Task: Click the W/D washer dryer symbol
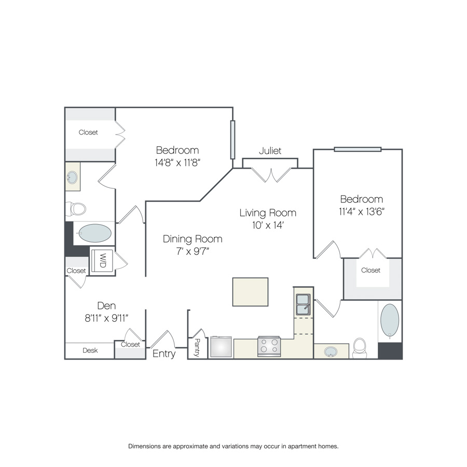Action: click(x=102, y=260)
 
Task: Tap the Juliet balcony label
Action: click(x=270, y=150)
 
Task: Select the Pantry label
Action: click(x=197, y=347)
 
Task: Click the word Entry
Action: click(x=164, y=354)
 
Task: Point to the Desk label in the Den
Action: click(x=90, y=350)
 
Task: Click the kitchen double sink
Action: click(x=303, y=305)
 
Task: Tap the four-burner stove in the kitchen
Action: click(x=269, y=347)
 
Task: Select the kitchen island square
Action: click(x=250, y=292)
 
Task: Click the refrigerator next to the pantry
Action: click(x=221, y=347)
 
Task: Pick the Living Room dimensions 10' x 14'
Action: click(x=267, y=225)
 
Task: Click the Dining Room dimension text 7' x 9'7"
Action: click(x=193, y=251)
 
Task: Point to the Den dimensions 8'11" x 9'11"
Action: click(x=106, y=318)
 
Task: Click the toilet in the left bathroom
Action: click(x=76, y=209)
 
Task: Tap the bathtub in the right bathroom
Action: click(x=390, y=321)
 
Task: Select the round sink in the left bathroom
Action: click(x=72, y=177)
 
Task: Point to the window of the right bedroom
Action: click(x=358, y=149)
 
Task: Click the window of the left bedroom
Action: click(x=232, y=140)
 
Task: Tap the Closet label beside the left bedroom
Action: click(x=88, y=132)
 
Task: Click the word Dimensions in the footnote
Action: click(x=144, y=446)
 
